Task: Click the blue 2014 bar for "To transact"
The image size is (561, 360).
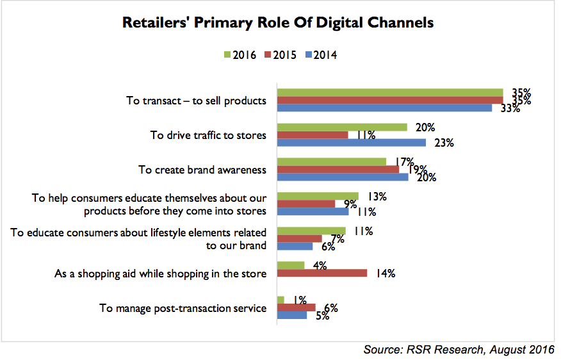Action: [x=384, y=108]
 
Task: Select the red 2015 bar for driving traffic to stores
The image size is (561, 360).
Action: [x=312, y=135]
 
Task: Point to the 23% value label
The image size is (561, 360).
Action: [x=444, y=143]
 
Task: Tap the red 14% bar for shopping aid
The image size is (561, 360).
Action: [x=321, y=274]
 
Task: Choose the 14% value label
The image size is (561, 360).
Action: [x=385, y=274]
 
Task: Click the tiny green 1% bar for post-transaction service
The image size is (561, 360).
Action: [x=280, y=300]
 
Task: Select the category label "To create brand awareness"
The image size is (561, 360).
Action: [x=202, y=170]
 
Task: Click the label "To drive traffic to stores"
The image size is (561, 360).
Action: [x=208, y=135]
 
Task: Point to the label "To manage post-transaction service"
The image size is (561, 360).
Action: [x=183, y=308]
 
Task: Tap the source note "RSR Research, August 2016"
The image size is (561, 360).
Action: [x=459, y=349]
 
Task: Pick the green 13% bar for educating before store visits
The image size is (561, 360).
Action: [x=317, y=196]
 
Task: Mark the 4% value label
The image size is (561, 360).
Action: [x=319, y=265]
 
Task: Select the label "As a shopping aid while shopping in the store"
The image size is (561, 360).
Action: [x=160, y=274]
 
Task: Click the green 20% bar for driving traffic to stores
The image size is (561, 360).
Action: [x=341, y=127]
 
